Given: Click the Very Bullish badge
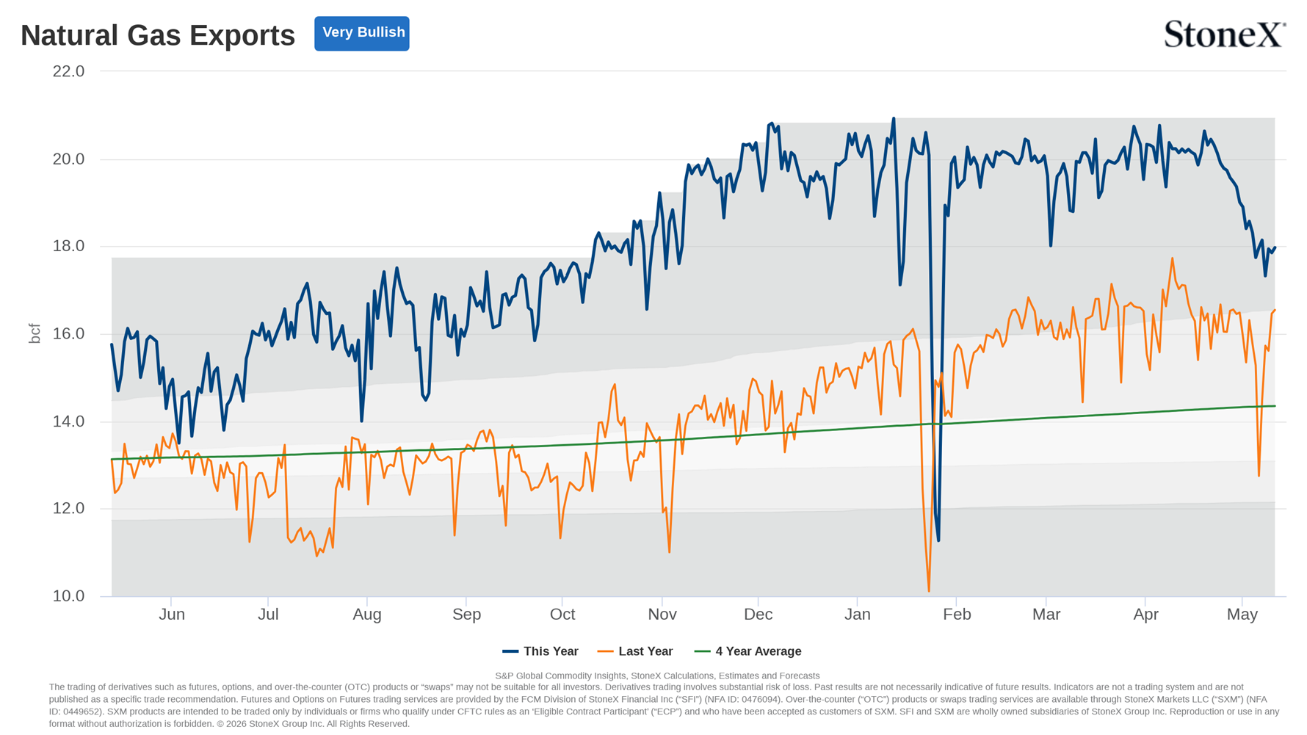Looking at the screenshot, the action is pos(362,33).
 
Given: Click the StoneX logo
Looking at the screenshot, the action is pos(1225,35).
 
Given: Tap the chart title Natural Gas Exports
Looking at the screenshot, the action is pos(158,35).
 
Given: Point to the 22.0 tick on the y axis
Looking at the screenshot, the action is pos(68,71).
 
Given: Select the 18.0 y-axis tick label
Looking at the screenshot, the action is pos(68,246).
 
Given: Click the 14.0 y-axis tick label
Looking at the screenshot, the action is pos(68,421).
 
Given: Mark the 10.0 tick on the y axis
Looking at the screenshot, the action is pos(68,596).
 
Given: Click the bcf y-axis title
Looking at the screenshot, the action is pos(35,333).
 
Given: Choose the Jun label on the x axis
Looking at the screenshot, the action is pos(172,615).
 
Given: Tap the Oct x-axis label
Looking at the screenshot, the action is pos(562,615).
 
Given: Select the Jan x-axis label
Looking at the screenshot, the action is pos(857,615).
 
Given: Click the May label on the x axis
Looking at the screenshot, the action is pos(1242,615).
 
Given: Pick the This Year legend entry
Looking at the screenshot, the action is pos(540,651).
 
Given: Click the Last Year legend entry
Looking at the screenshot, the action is pos(635,651).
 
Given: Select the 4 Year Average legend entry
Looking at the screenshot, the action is pos(748,651).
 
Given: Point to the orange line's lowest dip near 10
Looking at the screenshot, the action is pos(929,590).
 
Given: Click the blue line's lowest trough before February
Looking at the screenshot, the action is pos(938,540).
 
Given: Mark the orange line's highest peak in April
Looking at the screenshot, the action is pos(1172,258).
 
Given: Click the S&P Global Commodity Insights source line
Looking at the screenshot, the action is pos(657,676).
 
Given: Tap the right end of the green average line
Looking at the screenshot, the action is pos(1275,406).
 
